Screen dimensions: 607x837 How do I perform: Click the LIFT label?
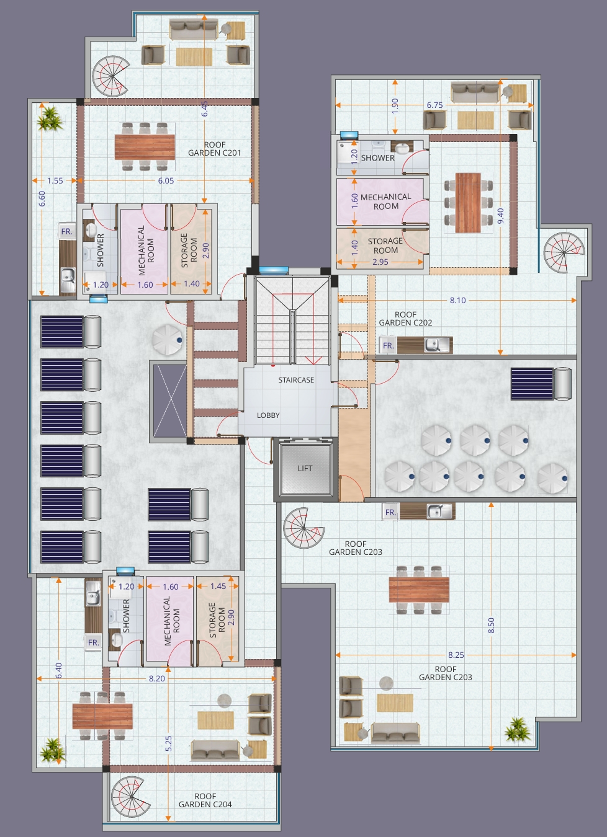tap(305, 468)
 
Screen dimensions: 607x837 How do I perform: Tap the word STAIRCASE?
tap(296, 380)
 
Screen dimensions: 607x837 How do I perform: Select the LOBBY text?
tap(268, 415)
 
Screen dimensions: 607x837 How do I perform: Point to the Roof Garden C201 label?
tap(214, 149)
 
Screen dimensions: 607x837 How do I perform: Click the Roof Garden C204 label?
tap(205, 800)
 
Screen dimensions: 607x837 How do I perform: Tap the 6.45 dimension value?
tap(205, 108)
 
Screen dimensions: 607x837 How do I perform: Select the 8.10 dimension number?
tap(458, 301)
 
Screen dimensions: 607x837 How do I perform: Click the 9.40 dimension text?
tap(500, 216)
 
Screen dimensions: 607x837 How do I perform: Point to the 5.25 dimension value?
tap(169, 743)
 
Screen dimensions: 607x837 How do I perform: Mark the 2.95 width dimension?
tap(380, 262)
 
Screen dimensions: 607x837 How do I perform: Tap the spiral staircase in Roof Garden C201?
tap(112, 76)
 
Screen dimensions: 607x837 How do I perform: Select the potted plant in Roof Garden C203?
tap(517, 730)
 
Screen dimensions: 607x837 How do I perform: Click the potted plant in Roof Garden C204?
tap(53, 750)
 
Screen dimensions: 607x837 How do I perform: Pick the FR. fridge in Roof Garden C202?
tap(388, 345)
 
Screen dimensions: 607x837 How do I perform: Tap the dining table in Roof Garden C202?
tap(468, 202)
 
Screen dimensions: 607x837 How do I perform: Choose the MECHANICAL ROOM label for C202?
tap(385, 201)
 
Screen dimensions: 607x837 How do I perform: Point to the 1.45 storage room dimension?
tap(218, 587)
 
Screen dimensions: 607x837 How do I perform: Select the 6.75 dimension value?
tap(434, 105)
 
